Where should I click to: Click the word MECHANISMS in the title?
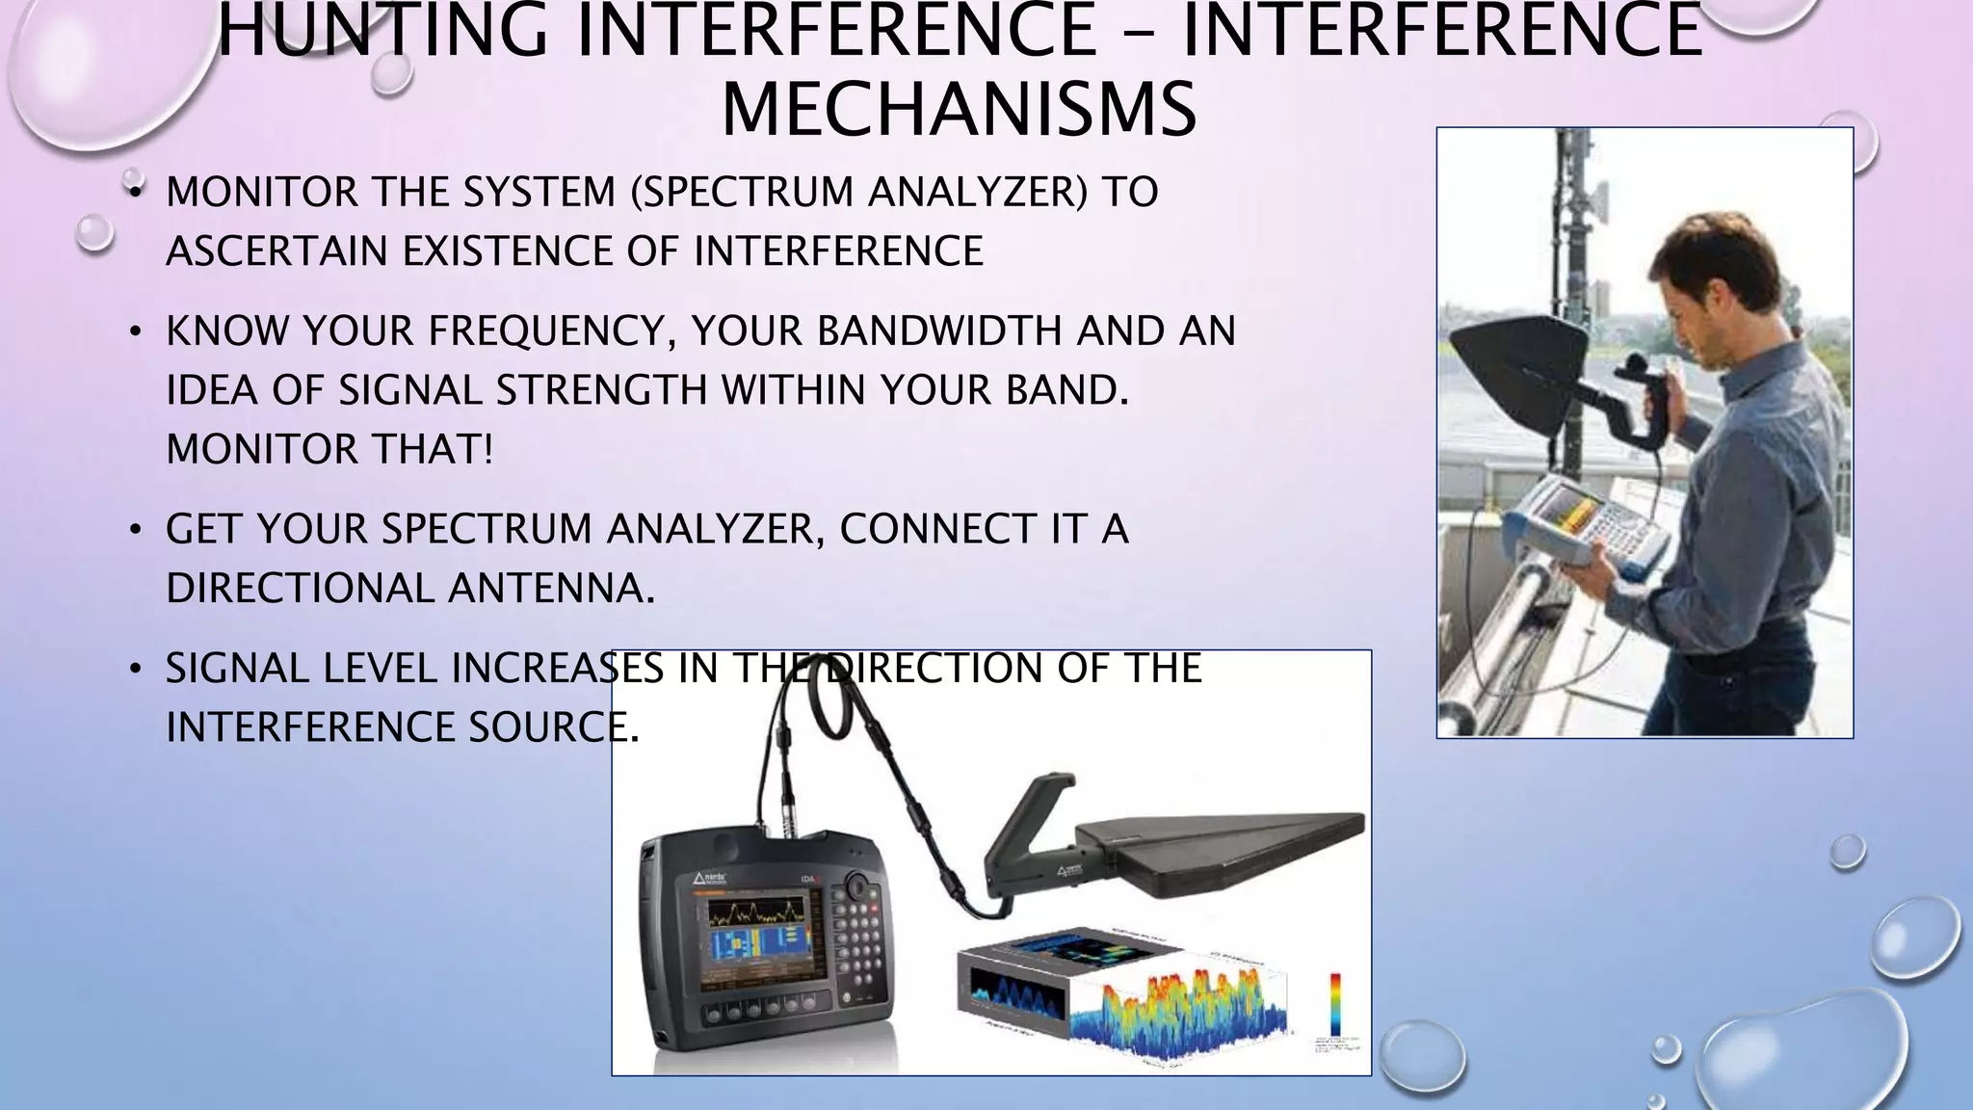pyautogui.click(x=959, y=110)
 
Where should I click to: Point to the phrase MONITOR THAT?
pyautogui.click(x=329, y=450)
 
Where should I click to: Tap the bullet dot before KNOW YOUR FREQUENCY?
pyautogui.click(x=136, y=332)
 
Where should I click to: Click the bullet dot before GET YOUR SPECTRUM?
pyautogui.click(x=136, y=530)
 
